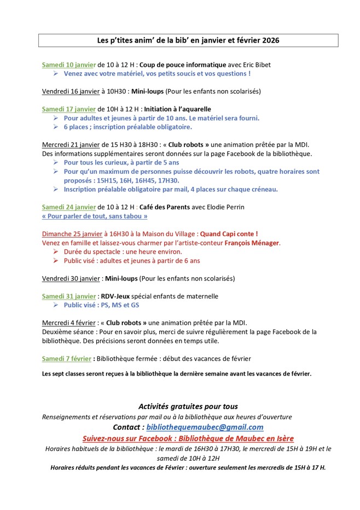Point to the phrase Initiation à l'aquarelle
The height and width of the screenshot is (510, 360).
coord(177,109)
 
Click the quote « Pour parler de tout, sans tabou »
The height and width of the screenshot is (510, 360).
coord(95,216)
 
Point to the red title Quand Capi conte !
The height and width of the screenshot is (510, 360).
coord(229,234)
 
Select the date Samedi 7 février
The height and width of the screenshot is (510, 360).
coord(67,359)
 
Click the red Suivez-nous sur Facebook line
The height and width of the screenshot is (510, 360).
coord(188,438)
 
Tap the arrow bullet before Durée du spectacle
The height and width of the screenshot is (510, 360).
coord(56,252)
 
